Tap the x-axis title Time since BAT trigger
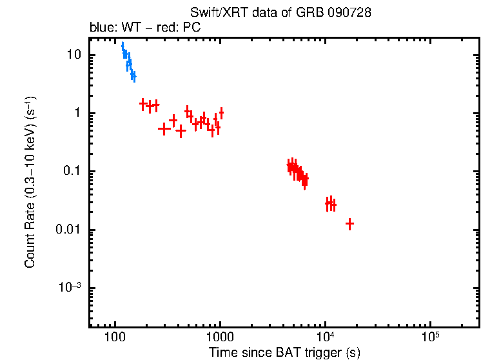(284, 352)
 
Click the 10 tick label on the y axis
(75, 55)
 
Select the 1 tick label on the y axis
(78, 114)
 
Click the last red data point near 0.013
(350, 224)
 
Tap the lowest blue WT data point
(133, 76)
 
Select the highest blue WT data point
(123, 45)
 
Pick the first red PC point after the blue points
(143, 103)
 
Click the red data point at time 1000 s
(221, 113)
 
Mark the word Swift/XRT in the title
(213, 13)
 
